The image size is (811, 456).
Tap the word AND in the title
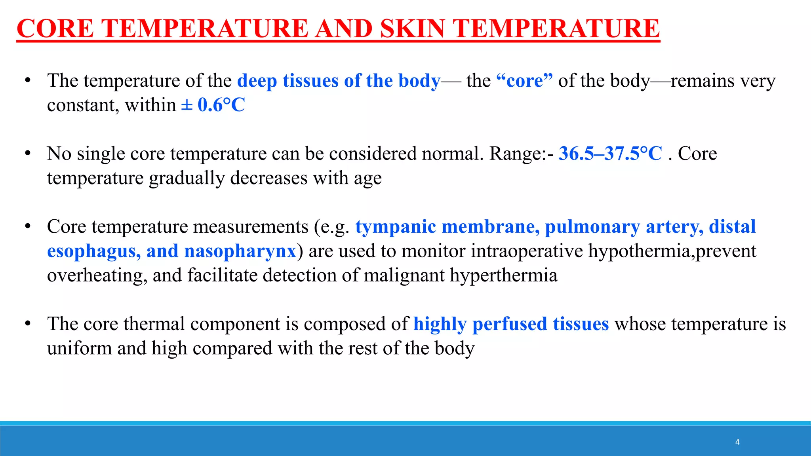[344, 28]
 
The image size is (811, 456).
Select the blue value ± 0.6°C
[213, 105]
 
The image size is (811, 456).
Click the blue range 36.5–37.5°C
[610, 154]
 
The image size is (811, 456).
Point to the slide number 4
[737, 442]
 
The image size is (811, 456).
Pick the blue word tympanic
[396, 227]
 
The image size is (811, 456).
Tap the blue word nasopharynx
[240, 251]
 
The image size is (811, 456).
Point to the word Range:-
[522, 154]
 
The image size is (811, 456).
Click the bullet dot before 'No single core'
[28, 154]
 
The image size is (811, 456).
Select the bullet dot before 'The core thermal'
[28, 324]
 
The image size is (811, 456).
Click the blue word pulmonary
[592, 227]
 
